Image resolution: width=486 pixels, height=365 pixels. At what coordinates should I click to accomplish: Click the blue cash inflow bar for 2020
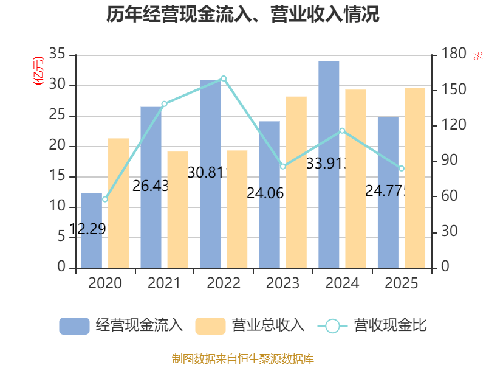click(x=91, y=231)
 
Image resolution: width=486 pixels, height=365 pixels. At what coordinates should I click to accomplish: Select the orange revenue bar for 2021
click(x=178, y=210)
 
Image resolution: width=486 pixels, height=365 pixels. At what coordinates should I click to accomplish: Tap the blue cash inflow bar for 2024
click(x=329, y=164)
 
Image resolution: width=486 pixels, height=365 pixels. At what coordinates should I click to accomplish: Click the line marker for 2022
click(x=224, y=78)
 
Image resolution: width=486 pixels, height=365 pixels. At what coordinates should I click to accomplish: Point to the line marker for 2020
click(x=104, y=199)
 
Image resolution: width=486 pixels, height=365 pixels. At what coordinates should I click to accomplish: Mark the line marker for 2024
click(x=342, y=130)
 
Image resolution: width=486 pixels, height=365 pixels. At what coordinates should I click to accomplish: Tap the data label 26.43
click(x=150, y=186)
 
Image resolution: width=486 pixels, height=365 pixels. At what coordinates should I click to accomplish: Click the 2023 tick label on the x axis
click(x=282, y=283)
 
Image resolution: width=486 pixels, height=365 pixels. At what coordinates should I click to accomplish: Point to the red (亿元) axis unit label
click(x=38, y=71)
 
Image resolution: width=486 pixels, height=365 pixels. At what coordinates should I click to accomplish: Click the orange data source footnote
click(x=243, y=358)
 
